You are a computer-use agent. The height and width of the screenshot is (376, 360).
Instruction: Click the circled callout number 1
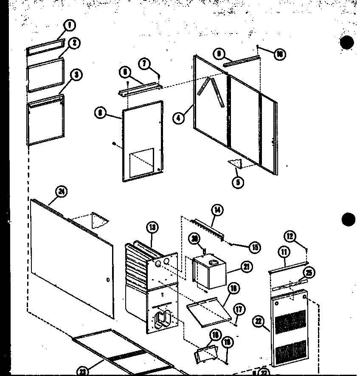pyautogui.click(x=70, y=25)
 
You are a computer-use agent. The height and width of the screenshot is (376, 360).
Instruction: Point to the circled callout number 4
pyautogui.click(x=179, y=117)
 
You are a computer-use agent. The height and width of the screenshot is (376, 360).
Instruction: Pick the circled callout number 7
pyautogui.click(x=145, y=64)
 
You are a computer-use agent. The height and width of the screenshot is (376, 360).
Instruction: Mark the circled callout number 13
pyautogui.click(x=152, y=227)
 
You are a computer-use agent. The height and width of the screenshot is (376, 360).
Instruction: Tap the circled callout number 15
pyautogui.click(x=255, y=247)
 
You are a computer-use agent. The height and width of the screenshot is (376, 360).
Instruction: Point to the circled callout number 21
pyautogui.click(x=247, y=267)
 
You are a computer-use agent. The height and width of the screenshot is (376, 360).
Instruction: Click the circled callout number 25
pyautogui.click(x=309, y=272)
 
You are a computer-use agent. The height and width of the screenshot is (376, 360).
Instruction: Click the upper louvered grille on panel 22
pyautogui.click(x=290, y=322)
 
